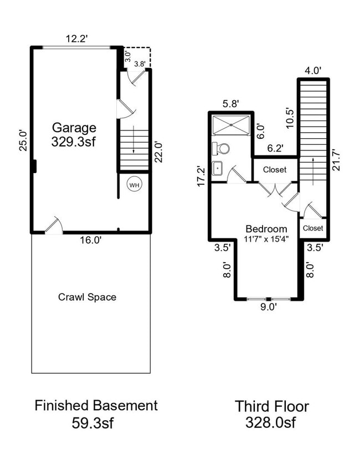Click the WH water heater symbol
(x=134, y=185)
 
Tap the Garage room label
(x=74, y=128)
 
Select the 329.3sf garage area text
(x=74, y=142)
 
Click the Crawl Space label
(x=87, y=297)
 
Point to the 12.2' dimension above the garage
(x=77, y=39)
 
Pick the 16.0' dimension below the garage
(x=90, y=241)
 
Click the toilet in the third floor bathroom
(x=223, y=148)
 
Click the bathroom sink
(x=217, y=168)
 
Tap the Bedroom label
(x=266, y=229)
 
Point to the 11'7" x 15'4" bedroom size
(x=266, y=239)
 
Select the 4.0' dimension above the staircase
(x=313, y=71)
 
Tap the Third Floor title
(x=271, y=406)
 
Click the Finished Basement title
(x=96, y=405)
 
